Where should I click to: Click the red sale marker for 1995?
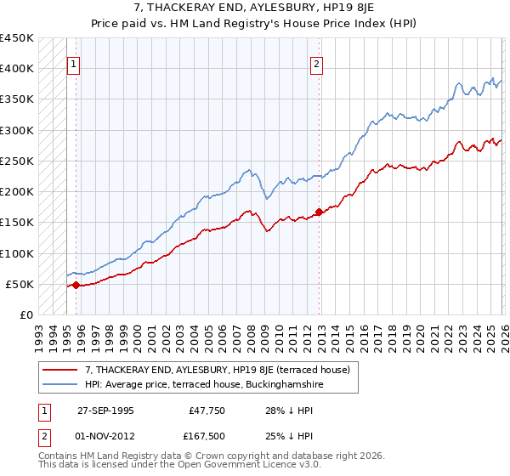click(76, 286)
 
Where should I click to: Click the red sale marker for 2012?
click(319, 212)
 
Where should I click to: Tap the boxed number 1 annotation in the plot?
click(74, 63)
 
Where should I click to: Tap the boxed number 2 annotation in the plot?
click(316, 63)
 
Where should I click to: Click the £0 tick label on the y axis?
click(25, 314)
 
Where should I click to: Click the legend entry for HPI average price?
click(204, 385)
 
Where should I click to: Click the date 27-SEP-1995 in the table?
click(107, 411)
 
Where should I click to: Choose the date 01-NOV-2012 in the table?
click(107, 438)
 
